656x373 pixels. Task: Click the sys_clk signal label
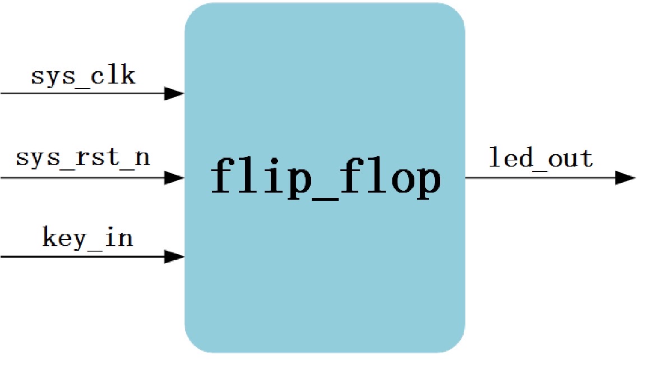[x=83, y=76]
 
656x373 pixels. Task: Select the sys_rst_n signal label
[x=83, y=157]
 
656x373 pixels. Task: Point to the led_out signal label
[x=541, y=158]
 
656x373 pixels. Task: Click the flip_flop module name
[x=325, y=177]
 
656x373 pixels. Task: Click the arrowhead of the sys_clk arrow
[x=174, y=94]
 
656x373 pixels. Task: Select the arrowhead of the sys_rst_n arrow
[x=174, y=178]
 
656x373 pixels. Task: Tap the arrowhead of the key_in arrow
[x=174, y=257]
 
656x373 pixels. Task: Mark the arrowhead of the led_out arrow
[x=625, y=178]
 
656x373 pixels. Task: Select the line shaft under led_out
[x=538, y=178]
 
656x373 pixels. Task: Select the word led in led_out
[x=511, y=158]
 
